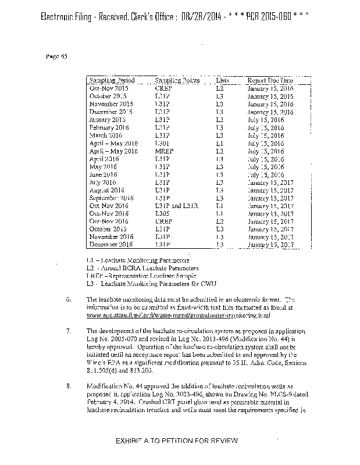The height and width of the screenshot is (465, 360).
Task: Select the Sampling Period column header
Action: point(112,80)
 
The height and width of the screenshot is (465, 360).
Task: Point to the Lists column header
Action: point(223,80)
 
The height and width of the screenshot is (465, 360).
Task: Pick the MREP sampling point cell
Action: point(164,151)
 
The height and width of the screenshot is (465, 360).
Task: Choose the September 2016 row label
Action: point(112,198)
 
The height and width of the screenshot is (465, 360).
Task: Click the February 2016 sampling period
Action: point(109,127)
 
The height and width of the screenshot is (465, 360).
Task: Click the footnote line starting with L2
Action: point(142,268)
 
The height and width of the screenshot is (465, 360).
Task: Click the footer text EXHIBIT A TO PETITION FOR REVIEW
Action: point(178,442)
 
